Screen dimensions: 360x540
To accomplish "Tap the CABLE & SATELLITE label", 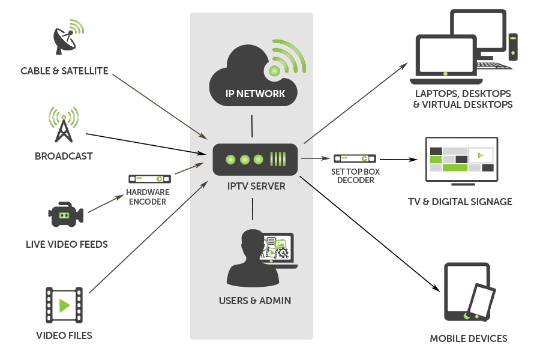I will (x=64, y=71).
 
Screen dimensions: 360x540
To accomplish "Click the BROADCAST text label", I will (x=64, y=156).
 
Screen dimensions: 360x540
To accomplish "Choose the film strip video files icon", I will (x=64, y=305).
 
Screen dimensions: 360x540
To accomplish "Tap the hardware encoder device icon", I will (x=149, y=179).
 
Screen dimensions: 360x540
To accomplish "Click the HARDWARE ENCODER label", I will (x=148, y=197).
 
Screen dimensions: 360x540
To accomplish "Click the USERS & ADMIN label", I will (x=255, y=301).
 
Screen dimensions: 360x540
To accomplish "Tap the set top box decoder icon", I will (x=356, y=158).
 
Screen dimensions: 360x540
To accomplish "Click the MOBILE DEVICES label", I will (x=468, y=338).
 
